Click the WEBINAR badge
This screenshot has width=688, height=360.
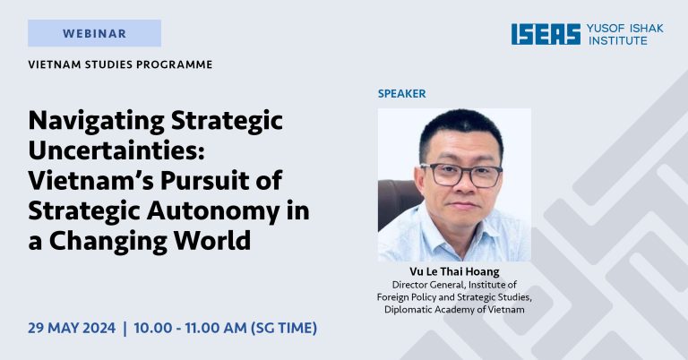click(x=94, y=34)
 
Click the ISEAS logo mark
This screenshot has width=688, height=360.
click(x=546, y=34)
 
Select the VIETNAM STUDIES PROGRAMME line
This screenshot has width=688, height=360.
click(x=121, y=64)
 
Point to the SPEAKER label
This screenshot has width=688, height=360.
click(x=401, y=93)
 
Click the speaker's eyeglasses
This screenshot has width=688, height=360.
click(x=460, y=173)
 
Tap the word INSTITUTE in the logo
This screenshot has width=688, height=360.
click(x=617, y=41)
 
